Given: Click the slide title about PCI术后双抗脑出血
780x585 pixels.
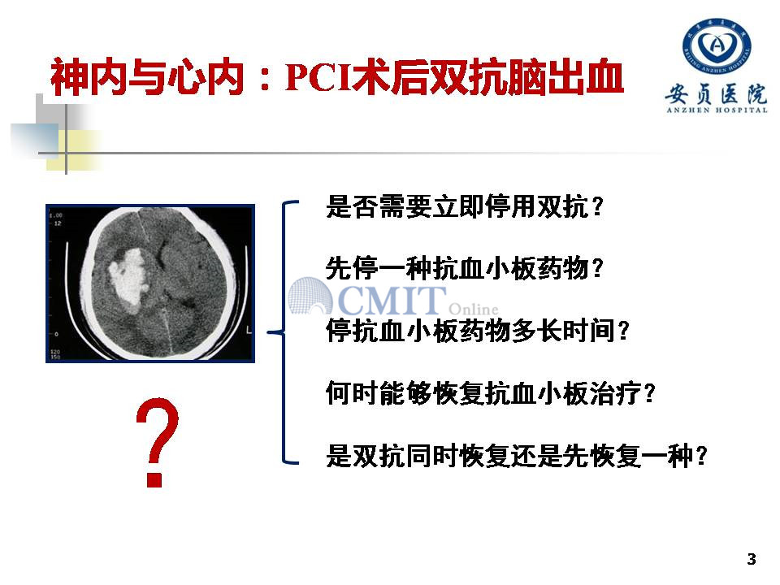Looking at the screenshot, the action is click(x=336, y=77).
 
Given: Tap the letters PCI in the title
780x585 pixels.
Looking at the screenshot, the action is click(x=318, y=77).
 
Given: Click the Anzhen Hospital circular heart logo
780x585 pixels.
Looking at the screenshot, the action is click(x=717, y=45).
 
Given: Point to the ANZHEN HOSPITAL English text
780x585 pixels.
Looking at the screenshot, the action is click(x=717, y=110).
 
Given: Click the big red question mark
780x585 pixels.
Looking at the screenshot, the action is click(x=157, y=442).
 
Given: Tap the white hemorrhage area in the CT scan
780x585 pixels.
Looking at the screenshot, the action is click(x=128, y=281).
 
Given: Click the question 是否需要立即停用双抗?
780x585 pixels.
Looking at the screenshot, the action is click(x=465, y=206).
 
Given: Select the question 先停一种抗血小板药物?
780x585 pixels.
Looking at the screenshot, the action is click(x=465, y=268).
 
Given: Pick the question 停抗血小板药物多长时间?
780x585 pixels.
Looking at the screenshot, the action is click(x=478, y=331).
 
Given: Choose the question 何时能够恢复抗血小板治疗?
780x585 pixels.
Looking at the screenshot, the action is click(x=491, y=393).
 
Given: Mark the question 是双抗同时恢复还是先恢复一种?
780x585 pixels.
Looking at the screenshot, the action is click(x=517, y=456).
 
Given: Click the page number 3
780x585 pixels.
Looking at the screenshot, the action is click(x=752, y=559).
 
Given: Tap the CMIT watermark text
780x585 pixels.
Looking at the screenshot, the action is click(x=392, y=300).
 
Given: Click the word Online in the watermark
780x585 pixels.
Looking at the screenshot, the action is click(x=474, y=309).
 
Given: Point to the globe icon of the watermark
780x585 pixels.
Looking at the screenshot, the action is click(x=310, y=296).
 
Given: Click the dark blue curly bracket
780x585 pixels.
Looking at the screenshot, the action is click(x=284, y=331).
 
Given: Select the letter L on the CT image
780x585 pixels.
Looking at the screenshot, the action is click(x=249, y=330).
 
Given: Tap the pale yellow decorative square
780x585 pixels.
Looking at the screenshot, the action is click(x=75, y=149).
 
